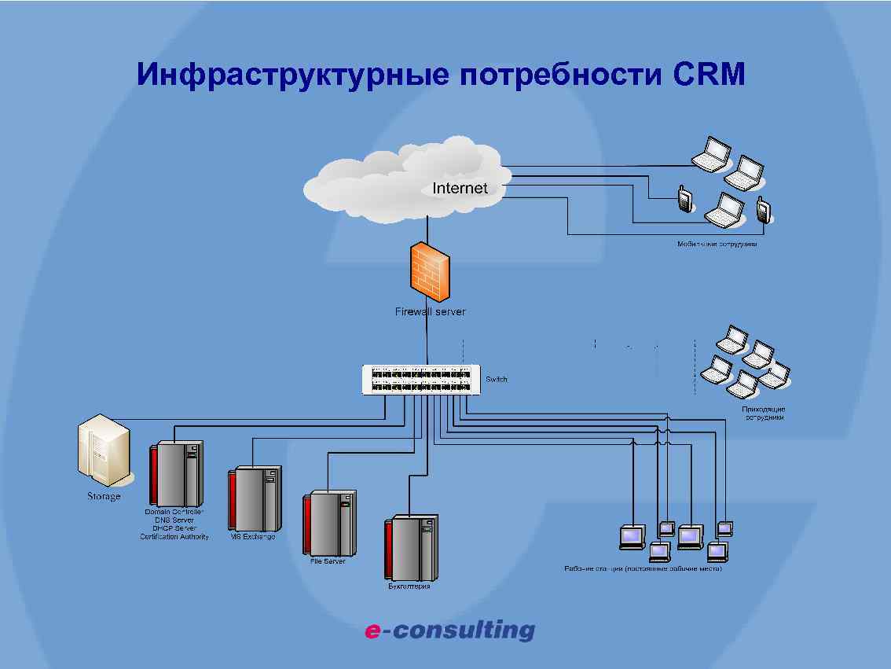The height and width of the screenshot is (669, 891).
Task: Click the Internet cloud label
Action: click(460, 189)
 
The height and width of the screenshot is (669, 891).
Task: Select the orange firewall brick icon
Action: click(431, 271)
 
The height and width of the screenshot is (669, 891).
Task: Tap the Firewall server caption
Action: click(430, 312)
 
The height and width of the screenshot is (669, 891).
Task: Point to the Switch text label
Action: click(497, 380)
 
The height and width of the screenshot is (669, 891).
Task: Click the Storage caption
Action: click(104, 497)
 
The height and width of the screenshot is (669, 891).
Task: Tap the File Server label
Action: click(328, 561)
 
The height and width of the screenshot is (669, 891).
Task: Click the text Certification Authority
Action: click(174, 537)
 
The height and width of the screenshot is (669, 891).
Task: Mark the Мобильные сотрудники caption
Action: click(717, 244)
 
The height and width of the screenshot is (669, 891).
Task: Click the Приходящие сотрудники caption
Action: click(764, 414)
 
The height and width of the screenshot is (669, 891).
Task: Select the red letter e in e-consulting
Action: click(372, 630)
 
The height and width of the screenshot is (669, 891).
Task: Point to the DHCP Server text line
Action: click(174, 528)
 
